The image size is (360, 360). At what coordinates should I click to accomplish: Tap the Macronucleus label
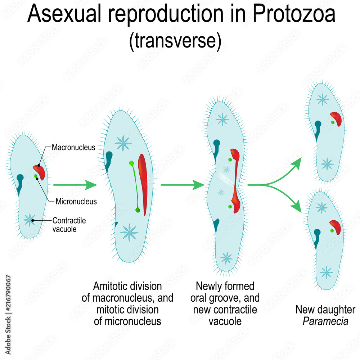tap(73, 147)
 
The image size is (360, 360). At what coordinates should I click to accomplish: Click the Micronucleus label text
tap(76, 201)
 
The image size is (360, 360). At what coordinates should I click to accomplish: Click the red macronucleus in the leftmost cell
tap(40, 172)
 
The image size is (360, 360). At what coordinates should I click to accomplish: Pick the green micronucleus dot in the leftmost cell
tap(36, 176)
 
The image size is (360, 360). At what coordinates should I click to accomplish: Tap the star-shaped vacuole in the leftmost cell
tap(29, 219)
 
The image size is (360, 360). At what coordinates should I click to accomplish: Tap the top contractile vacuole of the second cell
tap(123, 143)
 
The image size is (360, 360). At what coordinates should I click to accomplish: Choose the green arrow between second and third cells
tap(182, 185)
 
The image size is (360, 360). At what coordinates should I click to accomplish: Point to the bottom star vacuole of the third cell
tap(226, 257)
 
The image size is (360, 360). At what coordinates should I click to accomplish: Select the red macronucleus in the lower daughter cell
tap(335, 227)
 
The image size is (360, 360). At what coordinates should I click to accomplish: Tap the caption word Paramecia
tap(325, 321)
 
